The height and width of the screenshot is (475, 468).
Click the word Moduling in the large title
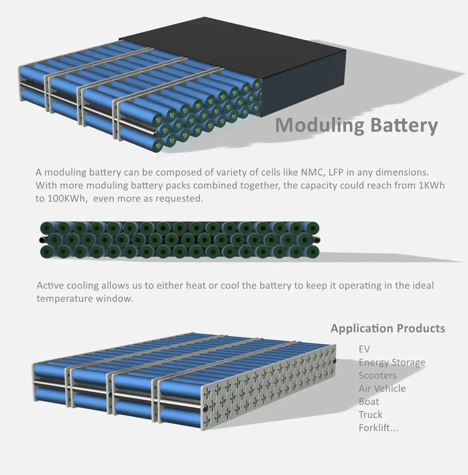click(x=320, y=125)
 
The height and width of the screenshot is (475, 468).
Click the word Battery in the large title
click(x=404, y=125)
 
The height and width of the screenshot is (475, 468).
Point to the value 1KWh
click(x=431, y=185)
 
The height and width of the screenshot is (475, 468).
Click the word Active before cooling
click(x=50, y=285)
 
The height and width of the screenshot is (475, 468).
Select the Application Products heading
click(x=388, y=328)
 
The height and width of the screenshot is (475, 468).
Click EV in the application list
click(x=364, y=349)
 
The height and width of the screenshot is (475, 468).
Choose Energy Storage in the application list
click(x=392, y=362)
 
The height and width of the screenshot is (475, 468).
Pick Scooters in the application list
click(x=377, y=375)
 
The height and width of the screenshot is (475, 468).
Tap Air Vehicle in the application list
click(x=382, y=388)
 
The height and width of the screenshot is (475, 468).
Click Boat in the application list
click(x=369, y=401)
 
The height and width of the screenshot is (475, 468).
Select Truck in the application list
click(x=371, y=414)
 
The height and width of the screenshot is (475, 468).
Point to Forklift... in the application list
click(x=378, y=428)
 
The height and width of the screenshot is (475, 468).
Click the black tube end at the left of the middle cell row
click(x=42, y=240)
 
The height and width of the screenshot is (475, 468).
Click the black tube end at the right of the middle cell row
click(x=318, y=240)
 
